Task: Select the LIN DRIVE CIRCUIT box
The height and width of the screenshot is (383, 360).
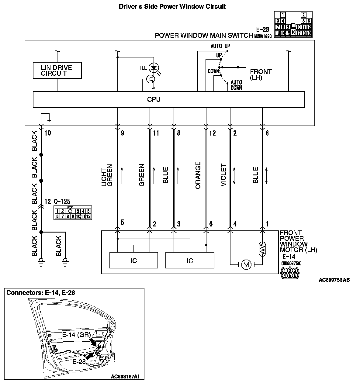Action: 57,70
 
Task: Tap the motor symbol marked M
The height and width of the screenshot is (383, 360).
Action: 246,264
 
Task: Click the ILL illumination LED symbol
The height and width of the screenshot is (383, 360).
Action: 154,67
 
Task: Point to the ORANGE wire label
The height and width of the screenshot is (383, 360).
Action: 198,175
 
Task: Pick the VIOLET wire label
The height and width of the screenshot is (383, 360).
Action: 224,175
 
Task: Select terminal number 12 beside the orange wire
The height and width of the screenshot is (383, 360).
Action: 212,133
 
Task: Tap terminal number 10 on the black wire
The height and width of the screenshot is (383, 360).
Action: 48,133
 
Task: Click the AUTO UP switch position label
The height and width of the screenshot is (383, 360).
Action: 220,47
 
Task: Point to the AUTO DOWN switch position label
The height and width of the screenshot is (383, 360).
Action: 236,85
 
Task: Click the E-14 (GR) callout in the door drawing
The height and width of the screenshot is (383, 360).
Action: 75,335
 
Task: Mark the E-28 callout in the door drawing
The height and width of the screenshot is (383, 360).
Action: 79,362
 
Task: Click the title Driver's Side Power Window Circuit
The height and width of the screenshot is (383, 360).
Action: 172,6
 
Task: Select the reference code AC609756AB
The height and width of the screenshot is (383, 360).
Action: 334,280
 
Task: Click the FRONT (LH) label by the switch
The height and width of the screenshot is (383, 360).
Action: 261,74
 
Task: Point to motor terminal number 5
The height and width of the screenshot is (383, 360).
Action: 122,223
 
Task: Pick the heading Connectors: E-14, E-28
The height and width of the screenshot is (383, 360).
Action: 41,293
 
